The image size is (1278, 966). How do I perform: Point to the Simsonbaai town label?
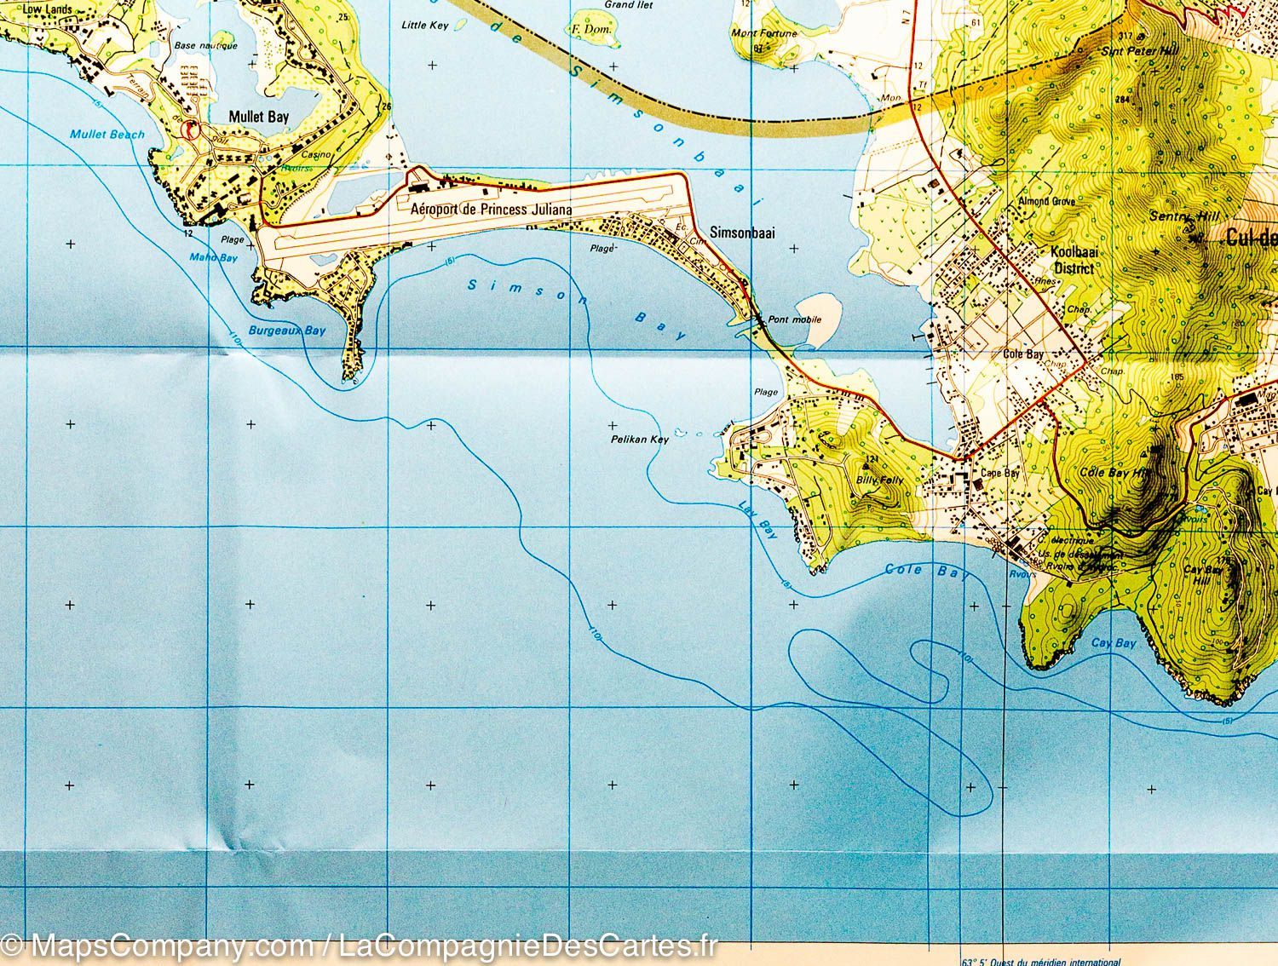(742, 233)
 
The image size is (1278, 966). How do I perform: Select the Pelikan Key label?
(639, 440)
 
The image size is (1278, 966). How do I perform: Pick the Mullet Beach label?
(107, 135)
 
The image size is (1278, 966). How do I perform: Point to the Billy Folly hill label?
(880, 480)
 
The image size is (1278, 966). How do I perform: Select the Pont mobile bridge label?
(794, 320)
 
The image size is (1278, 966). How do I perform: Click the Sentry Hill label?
(1178, 217)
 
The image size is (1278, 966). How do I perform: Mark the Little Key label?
(424, 26)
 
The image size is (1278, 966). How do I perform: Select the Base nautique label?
(197, 46)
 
